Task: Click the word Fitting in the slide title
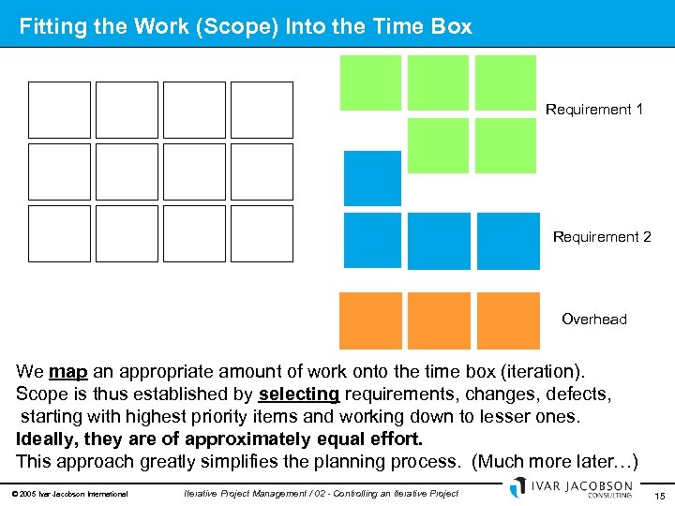click(x=52, y=27)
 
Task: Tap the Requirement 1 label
click(x=594, y=110)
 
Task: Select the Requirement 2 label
click(x=602, y=237)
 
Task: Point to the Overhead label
click(x=594, y=320)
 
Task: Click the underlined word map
click(x=67, y=372)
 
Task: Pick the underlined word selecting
click(x=299, y=394)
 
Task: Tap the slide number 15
click(x=660, y=495)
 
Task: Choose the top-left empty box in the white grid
click(x=60, y=110)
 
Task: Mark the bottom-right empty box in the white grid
click(x=262, y=233)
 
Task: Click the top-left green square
click(x=370, y=82)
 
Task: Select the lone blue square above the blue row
click(x=372, y=178)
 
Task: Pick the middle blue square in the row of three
click(x=439, y=241)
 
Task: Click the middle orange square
click(x=439, y=320)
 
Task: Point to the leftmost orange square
click(x=370, y=320)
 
